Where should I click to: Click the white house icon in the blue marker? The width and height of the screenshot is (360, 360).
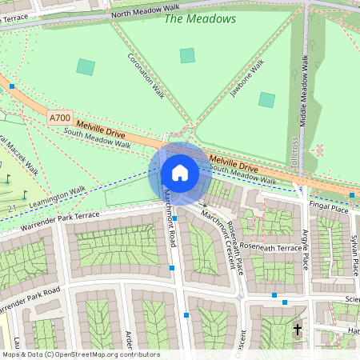click(180, 173)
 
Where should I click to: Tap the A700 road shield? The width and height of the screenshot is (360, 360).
click(60, 118)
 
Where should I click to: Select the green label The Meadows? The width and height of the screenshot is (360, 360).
click(200, 18)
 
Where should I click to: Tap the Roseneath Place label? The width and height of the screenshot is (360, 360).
click(236, 238)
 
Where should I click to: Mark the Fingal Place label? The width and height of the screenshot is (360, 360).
click(330, 209)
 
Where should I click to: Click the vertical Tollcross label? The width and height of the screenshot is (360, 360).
click(294, 150)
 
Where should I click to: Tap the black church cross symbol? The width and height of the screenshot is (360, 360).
click(298, 329)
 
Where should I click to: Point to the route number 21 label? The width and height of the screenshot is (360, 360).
click(12, 209)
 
